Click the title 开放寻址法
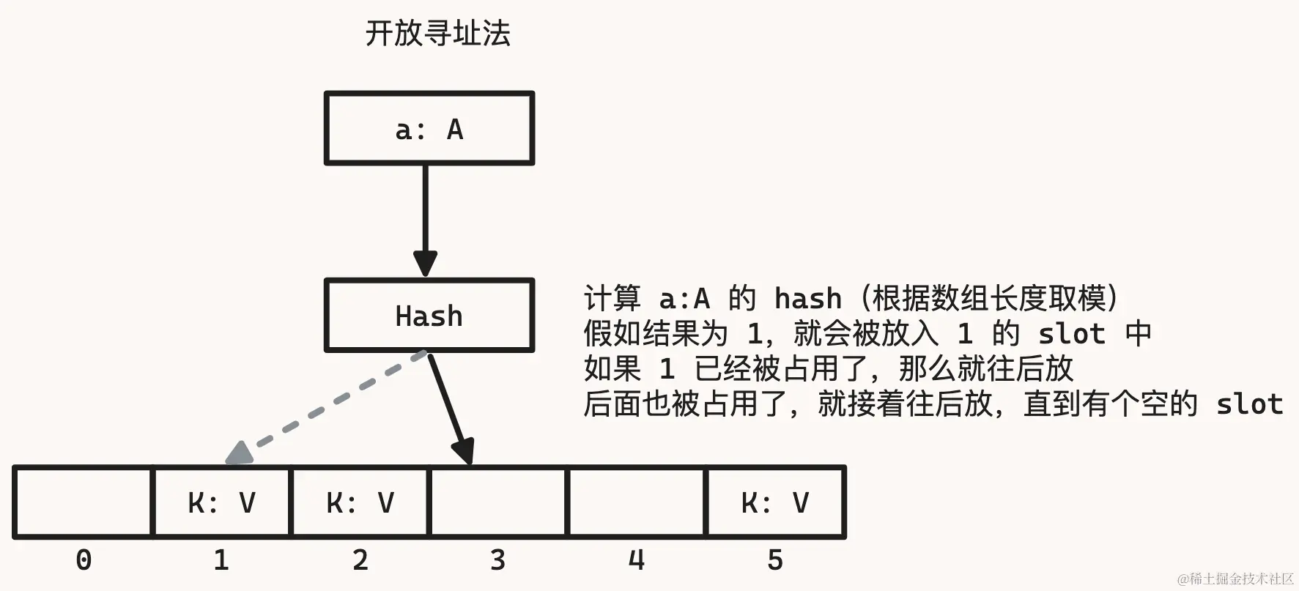pos(437,34)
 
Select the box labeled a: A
pos(429,129)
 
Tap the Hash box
pos(429,316)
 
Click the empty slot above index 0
pos(83,502)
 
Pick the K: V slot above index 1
pos(221,502)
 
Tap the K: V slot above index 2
pos(360,502)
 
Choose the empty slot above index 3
pos(498,502)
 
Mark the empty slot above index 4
pos(637,502)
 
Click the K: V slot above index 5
pos(775,502)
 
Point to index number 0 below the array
pos(84,560)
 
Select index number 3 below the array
pos(498,560)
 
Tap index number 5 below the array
pos(775,560)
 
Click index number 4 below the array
pos(637,560)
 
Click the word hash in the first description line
pos(808,299)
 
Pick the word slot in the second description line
pos(1072,334)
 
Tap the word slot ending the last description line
pos(1249,404)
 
